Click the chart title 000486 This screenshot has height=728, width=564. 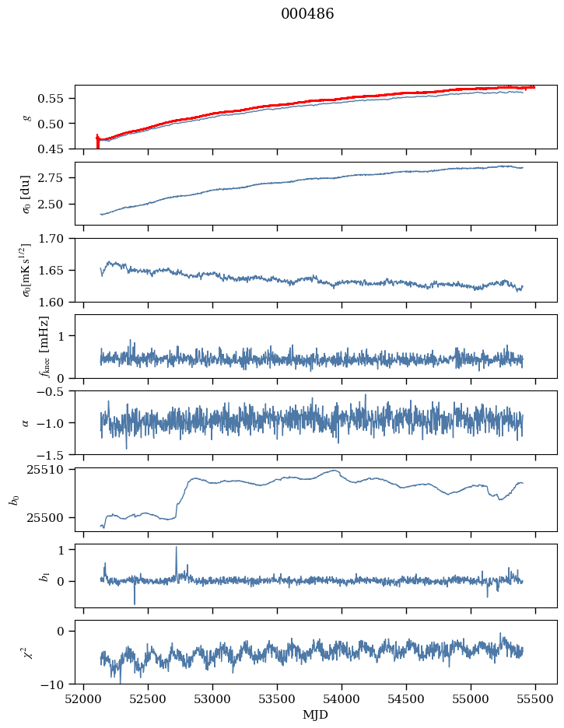[307, 14]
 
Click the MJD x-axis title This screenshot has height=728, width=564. [316, 715]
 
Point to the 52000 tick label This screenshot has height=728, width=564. [83, 699]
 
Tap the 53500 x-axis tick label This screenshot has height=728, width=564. [278, 699]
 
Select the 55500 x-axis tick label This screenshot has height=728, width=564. [536, 699]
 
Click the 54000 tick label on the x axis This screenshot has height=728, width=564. [342, 699]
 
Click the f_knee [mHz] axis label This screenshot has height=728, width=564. [44, 346]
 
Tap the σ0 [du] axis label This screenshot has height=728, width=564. [26, 194]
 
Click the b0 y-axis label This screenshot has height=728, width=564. [16, 499]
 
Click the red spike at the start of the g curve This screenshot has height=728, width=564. [97, 142]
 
